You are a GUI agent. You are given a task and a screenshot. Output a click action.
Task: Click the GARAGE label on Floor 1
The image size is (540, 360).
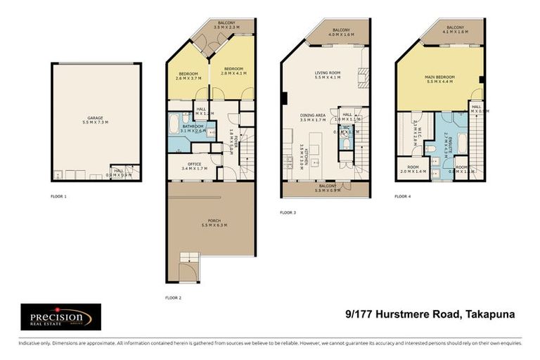click(96, 117)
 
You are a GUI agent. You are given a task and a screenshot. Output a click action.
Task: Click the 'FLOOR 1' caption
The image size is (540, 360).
click(59, 196)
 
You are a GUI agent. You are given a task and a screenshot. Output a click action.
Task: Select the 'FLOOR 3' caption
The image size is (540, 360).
click(288, 212)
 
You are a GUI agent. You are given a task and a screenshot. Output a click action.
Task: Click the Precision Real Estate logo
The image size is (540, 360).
click(60, 317)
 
